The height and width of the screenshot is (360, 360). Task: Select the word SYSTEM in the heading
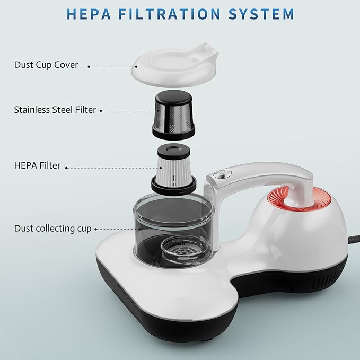point(262,13)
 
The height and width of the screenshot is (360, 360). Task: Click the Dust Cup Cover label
point(46,65)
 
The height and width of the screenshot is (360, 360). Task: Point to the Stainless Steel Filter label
point(55,110)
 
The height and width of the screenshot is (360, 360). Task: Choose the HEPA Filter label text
point(37,165)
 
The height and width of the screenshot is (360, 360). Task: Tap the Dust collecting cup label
point(52,229)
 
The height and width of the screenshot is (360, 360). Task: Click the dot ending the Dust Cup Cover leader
point(89,67)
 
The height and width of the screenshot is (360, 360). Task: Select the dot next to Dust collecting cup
point(95,230)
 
